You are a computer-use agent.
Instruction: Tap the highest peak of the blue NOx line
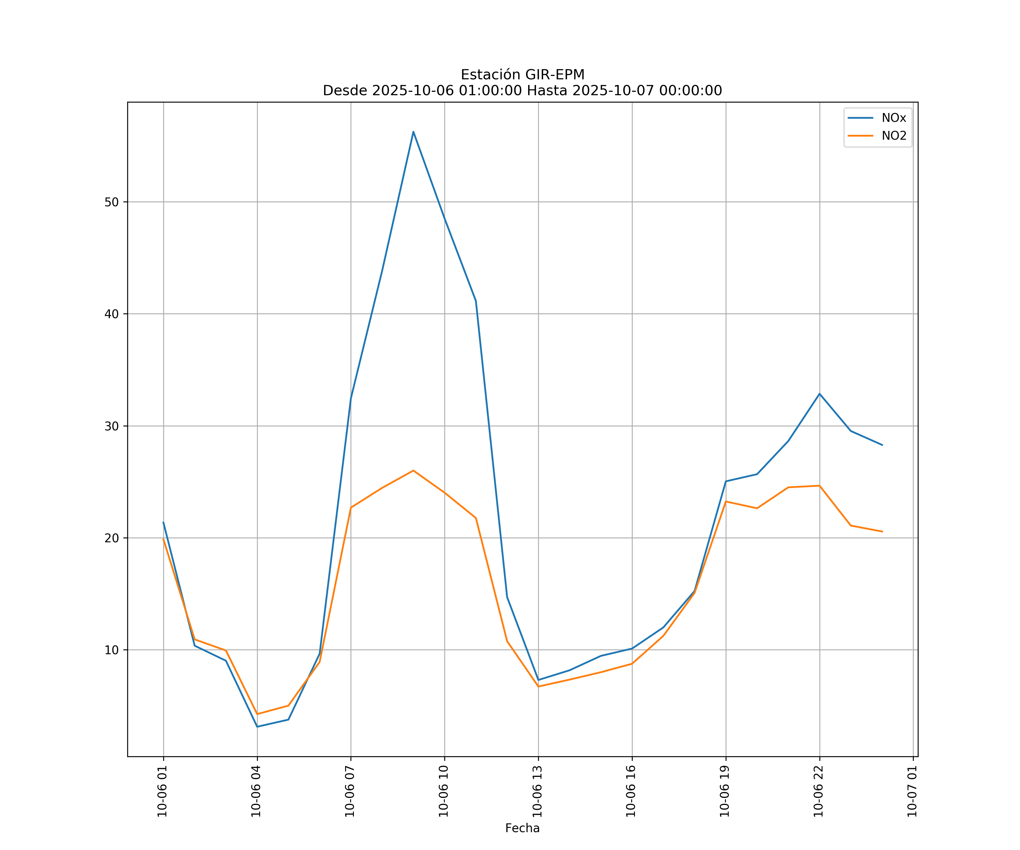(413, 132)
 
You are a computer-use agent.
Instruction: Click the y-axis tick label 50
(111, 202)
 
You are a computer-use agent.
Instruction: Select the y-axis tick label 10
(111, 650)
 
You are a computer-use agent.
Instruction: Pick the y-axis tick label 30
(111, 426)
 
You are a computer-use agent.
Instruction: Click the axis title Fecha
(522, 828)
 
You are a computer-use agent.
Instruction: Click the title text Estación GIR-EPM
(522, 75)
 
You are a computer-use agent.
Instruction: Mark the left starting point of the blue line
(163, 522)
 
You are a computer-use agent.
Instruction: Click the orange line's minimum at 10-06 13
(538, 686)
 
